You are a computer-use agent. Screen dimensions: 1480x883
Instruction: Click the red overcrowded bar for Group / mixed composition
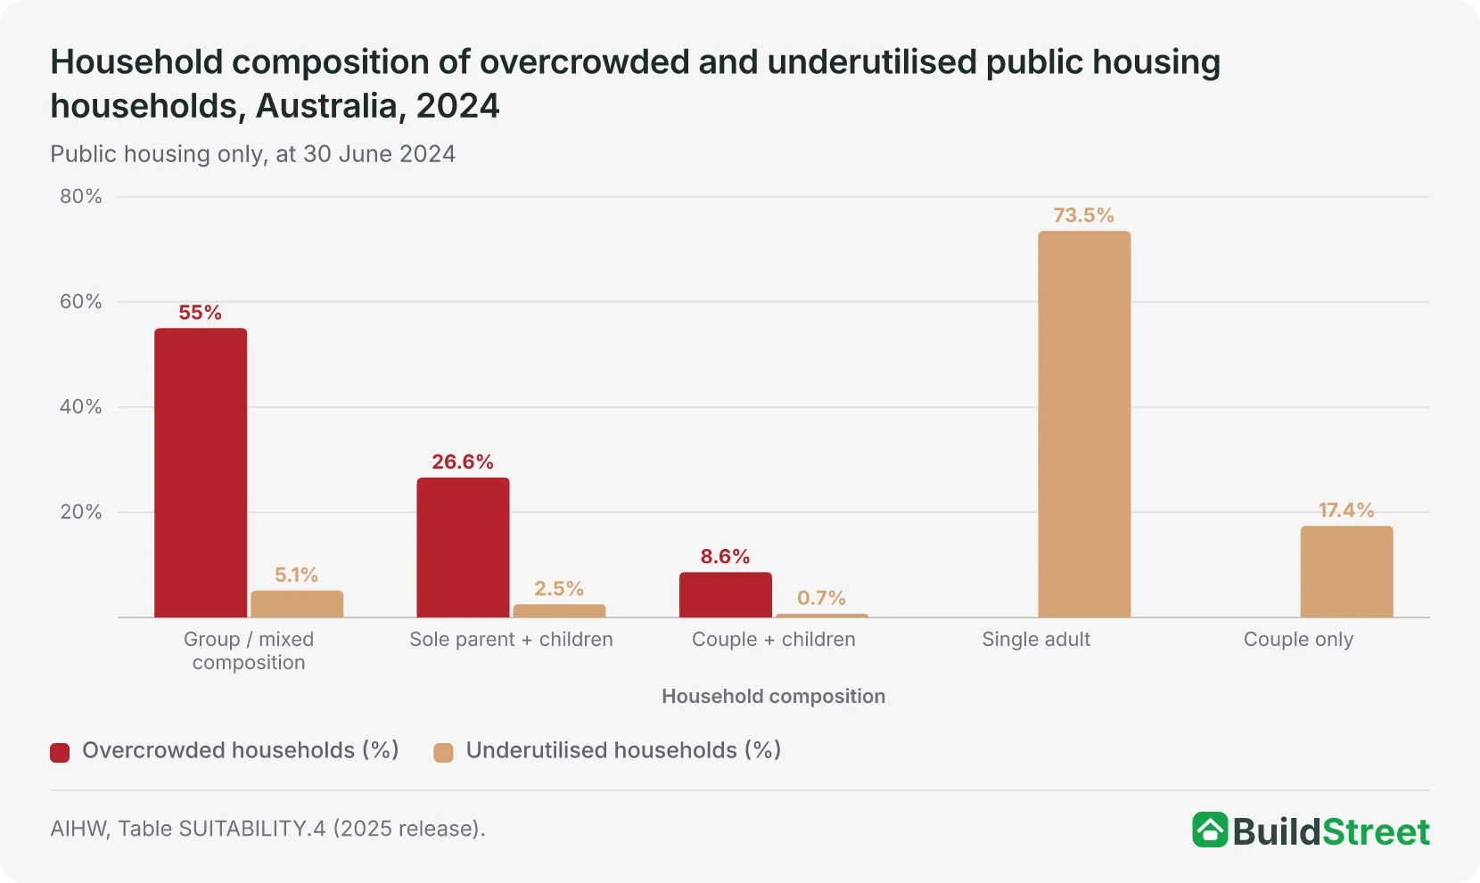coord(201,473)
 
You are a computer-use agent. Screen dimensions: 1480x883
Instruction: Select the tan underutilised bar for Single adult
coord(1084,424)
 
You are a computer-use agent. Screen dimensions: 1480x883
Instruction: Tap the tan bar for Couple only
coord(1346,572)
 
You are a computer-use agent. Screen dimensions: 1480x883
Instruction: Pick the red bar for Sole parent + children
coord(463,547)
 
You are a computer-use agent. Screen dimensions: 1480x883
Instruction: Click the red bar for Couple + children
coord(726,595)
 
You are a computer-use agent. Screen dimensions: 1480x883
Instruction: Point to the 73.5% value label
coord(1083,216)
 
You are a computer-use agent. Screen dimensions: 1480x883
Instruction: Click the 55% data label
coord(201,313)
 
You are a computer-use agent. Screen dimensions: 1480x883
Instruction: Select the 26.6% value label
coord(463,462)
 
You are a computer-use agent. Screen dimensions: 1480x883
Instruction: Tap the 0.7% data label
coord(821,598)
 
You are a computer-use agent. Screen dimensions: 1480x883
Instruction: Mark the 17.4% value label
coord(1346,510)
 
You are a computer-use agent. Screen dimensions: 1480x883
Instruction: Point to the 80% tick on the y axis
coord(80,196)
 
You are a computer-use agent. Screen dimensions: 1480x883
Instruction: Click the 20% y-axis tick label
coord(80,511)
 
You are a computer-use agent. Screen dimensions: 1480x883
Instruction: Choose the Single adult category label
coord(1036,639)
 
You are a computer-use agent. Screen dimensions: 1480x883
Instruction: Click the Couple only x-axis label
coord(1298,639)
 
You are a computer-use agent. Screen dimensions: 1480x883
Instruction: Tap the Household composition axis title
coord(774,696)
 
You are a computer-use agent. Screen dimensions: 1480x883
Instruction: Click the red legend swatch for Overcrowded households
coord(60,752)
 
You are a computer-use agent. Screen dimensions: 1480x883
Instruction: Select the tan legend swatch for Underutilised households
coord(443,752)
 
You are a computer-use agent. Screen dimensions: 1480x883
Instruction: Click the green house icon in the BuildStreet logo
coord(1210,830)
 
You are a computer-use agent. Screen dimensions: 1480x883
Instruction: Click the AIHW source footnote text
coord(267,828)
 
